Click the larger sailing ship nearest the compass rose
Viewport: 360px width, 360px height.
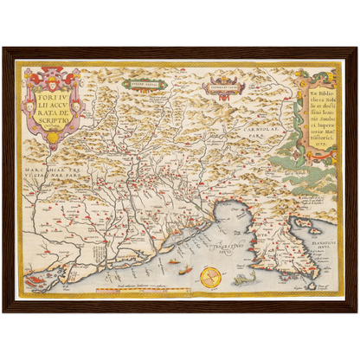(x=184, y=269)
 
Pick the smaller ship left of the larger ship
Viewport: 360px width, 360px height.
(x=172, y=260)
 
